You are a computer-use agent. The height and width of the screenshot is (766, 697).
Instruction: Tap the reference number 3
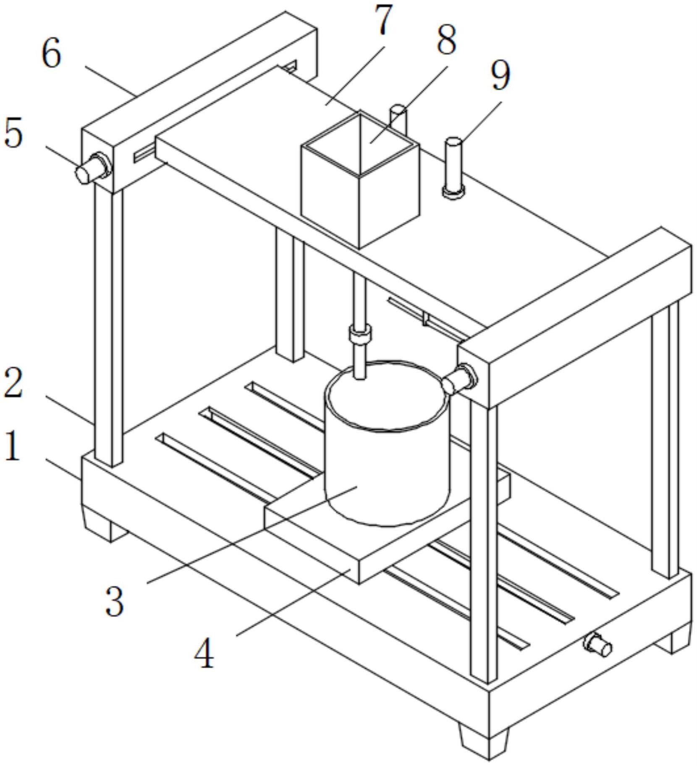pos(115,601)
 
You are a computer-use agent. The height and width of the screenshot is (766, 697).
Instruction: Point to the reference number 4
pos(204,654)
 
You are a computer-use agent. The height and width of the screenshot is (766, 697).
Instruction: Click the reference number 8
pos(446,41)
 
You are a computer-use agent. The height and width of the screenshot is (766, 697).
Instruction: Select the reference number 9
pos(500,75)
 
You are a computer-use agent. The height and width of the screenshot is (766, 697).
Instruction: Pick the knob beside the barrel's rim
pos(458,379)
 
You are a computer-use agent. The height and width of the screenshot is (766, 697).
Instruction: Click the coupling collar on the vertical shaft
pos(360,335)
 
